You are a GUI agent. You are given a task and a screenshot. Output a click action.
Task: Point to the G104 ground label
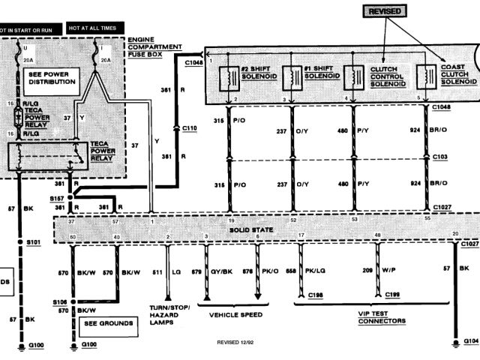click(x=469, y=340)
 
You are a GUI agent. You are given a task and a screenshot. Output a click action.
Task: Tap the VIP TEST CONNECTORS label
click(x=382, y=316)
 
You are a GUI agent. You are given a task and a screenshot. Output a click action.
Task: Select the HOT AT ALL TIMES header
click(x=94, y=27)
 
